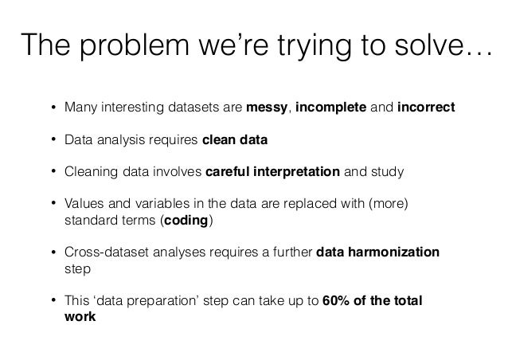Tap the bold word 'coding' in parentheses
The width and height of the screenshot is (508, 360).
(x=186, y=219)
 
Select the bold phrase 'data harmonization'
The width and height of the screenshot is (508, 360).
(x=377, y=252)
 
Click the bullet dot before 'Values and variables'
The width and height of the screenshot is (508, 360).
(x=53, y=204)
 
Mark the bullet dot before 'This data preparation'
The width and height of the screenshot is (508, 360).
(x=53, y=301)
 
